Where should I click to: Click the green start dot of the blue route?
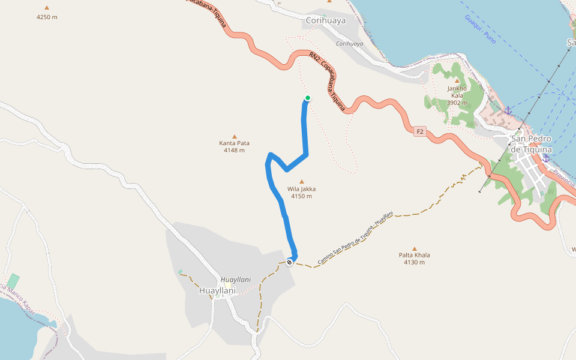(x=308, y=98)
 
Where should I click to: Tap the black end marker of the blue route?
(x=290, y=262)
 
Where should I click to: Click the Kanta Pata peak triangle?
(x=234, y=136)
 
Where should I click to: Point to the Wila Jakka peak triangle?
(x=301, y=181)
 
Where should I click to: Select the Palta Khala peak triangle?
(x=414, y=248)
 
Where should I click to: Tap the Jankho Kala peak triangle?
(x=457, y=80)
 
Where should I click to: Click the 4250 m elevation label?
(x=47, y=17)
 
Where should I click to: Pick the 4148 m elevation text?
(x=234, y=150)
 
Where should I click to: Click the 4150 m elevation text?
(x=301, y=196)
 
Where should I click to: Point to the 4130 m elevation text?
(x=414, y=262)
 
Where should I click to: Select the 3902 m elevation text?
(x=457, y=103)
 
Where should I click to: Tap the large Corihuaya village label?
(x=326, y=20)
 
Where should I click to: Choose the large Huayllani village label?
(x=217, y=290)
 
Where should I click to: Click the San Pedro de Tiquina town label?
(x=530, y=144)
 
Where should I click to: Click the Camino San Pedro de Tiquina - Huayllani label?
(x=355, y=238)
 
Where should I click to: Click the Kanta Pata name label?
(x=234, y=143)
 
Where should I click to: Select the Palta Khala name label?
(x=414, y=255)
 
